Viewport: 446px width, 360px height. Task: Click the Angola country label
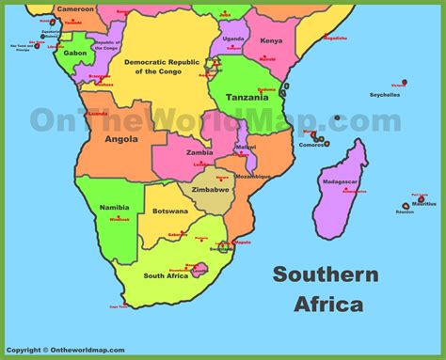(x=121, y=139)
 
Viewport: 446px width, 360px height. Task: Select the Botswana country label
(x=169, y=211)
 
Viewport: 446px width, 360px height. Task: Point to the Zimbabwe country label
(x=212, y=189)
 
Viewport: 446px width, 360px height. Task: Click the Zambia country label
(x=199, y=151)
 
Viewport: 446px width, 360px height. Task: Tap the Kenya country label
(x=270, y=41)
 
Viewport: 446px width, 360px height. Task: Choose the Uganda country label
(x=234, y=39)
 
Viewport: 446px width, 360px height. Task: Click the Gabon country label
(x=75, y=53)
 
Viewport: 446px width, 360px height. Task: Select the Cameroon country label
(x=74, y=8)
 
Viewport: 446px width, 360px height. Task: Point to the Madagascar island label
(x=341, y=181)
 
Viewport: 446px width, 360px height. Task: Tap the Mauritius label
(x=424, y=203)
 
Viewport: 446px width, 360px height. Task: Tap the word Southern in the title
(x=326, y=274)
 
